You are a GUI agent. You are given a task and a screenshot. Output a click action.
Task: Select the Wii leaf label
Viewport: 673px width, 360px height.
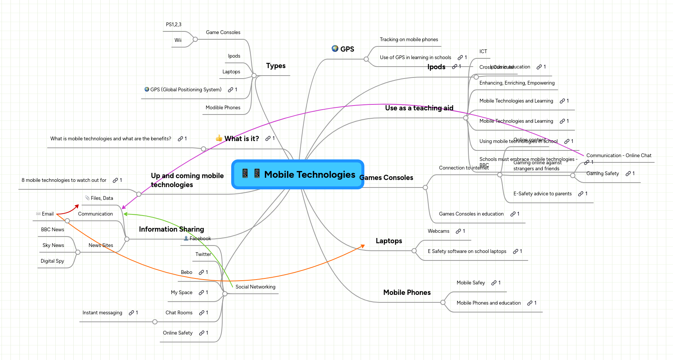tap(178, 40)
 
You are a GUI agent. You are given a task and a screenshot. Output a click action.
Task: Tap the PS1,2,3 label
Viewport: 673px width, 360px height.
tap(174, 25)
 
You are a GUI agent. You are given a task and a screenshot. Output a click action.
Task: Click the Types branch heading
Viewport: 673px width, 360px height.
tap(276, 66)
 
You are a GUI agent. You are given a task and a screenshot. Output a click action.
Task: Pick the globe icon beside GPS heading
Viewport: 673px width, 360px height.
tap(335, 49)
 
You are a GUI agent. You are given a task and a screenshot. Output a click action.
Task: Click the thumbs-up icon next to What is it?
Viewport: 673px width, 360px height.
tap(219, 138)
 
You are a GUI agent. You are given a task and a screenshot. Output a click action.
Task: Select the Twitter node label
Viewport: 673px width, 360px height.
tap(203, 254)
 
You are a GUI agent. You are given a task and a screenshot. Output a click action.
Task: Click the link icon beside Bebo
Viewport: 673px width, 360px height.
tap(201, 272)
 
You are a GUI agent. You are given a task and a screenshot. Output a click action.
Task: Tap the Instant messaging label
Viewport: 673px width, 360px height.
tap(102, 313)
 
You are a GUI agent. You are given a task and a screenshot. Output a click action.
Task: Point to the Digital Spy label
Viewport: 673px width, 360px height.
tap(52, 261)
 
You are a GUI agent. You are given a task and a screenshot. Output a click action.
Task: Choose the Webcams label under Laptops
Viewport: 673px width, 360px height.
tap(438, 231)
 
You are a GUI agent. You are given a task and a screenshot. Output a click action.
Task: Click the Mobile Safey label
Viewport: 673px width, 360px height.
tap(471, 283)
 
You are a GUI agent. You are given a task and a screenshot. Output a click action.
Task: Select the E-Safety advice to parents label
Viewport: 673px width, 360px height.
tap(542, 194)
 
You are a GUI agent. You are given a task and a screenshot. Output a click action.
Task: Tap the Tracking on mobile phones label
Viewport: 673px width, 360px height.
tap(409, 40)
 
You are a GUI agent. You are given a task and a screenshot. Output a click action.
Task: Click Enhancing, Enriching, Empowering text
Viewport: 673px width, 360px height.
tap(517, 83)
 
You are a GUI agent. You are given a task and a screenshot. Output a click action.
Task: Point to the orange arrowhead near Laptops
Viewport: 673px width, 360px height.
tap(362, 246)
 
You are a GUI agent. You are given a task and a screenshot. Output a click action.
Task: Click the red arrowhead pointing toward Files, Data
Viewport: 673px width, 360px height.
tap(77, 205)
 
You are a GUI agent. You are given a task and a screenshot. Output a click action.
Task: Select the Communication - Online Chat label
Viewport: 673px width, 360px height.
tap(619, 156)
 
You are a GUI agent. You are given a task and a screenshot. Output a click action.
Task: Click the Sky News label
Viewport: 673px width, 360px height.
tap(53, 245)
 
